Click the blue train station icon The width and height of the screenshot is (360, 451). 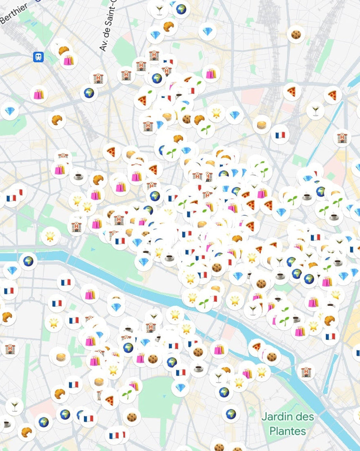click(x=38, y=57)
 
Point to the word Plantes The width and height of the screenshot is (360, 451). click(x=288, y=431)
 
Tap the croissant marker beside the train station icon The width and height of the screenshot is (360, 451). click(x=63, y=50)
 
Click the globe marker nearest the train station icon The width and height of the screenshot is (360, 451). click(x=89, y=93)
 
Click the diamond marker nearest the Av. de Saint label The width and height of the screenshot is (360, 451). click(x=155, y=35)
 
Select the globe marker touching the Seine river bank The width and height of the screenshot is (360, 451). click(x=28, y=261)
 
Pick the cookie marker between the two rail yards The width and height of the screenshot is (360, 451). click(x=296, y=34)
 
